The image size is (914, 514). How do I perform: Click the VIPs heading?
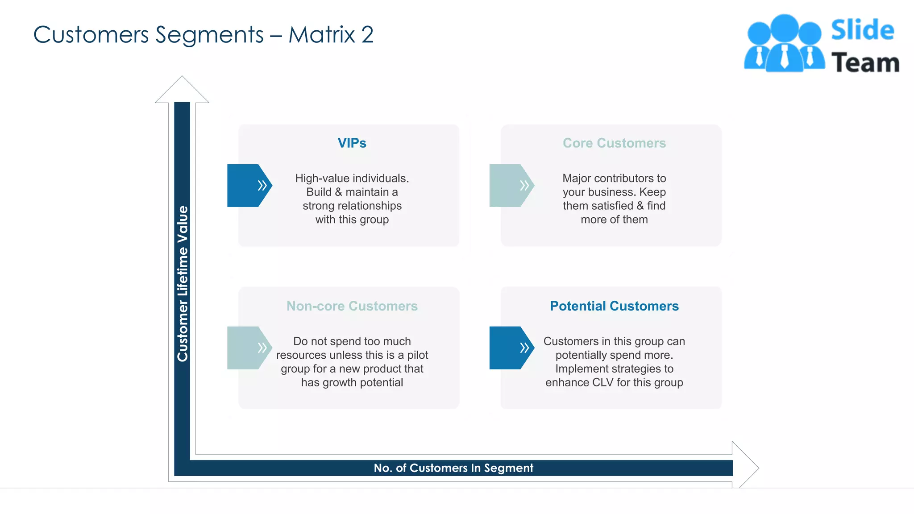[x=352, y=143]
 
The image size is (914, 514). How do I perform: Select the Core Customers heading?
[x=614, y=143]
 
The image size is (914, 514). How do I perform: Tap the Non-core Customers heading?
[x=352, y=306]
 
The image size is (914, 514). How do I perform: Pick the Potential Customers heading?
[x=614, y=306]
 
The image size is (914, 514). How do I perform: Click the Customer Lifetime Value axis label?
[x=183, y=284]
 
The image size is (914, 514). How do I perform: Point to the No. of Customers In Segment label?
[x=453, y=468]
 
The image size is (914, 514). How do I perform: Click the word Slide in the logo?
[x=862, y=30]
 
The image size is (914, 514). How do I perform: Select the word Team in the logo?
[x=865, y=62]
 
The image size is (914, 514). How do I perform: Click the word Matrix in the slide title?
[x=321, y=35]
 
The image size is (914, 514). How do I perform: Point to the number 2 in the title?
[x=367, y=35]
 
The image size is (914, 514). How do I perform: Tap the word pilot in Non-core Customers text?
[x=417, y=355]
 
